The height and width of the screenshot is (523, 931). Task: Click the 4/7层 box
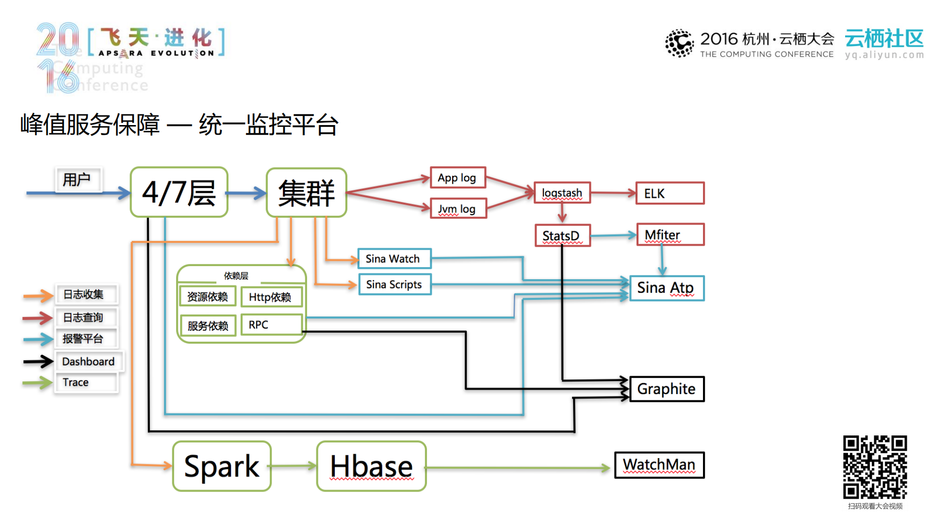179,192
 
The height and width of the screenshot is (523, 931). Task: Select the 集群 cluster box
306,192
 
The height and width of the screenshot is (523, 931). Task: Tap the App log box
457,178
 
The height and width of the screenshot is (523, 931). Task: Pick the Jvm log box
458,209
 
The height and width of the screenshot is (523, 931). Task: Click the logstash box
562,193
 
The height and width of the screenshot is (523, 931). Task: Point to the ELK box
670,193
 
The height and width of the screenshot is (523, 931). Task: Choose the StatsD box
562,236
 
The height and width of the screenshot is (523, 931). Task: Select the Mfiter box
670,235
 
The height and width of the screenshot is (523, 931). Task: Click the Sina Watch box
394,259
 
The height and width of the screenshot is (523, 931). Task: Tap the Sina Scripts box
394,285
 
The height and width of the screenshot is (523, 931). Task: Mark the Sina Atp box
667,288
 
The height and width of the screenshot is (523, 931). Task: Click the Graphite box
667,389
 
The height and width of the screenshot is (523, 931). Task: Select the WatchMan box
659,465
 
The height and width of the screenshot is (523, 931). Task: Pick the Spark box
222,466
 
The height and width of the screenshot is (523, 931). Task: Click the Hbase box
371,466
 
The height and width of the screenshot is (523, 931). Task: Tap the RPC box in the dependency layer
271,325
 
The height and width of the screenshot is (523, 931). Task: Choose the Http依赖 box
271,297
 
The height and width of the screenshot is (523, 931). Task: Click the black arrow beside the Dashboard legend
38,362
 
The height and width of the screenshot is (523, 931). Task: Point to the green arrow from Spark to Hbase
294,466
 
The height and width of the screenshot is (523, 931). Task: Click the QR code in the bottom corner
875,467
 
